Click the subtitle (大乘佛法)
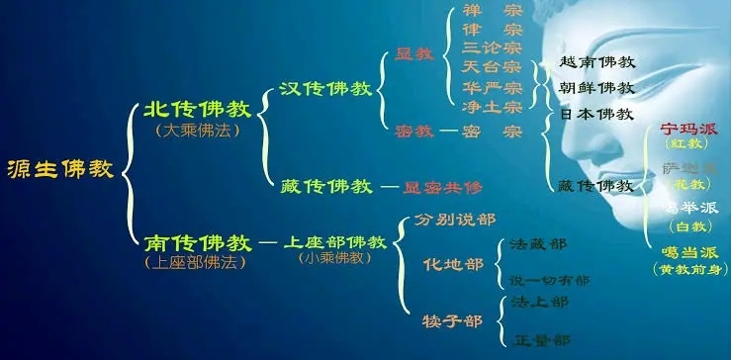[x=193, y=130]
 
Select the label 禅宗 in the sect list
[x=493, y=11]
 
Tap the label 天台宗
[x=493, y=67]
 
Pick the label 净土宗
[x=493, y=106]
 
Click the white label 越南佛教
[x=596, y=61]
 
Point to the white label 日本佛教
[x=596, y=114]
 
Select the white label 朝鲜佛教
[x=596, y=87]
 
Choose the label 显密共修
[x=442, y=186]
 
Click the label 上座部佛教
[x=332, y=241]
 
